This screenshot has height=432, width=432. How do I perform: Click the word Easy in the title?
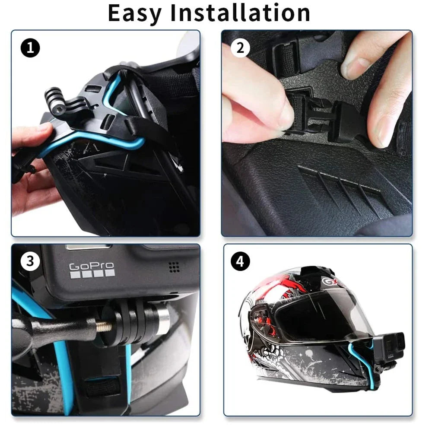pos(134,13)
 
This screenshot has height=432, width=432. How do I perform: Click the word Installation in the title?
pos(240,13)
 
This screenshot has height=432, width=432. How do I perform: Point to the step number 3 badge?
pos(29,261)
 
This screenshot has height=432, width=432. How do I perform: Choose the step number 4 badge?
pos(240,261)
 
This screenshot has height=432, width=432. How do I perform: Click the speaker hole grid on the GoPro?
pos(174,267)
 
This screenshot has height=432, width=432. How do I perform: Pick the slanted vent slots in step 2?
pos(341,184)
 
